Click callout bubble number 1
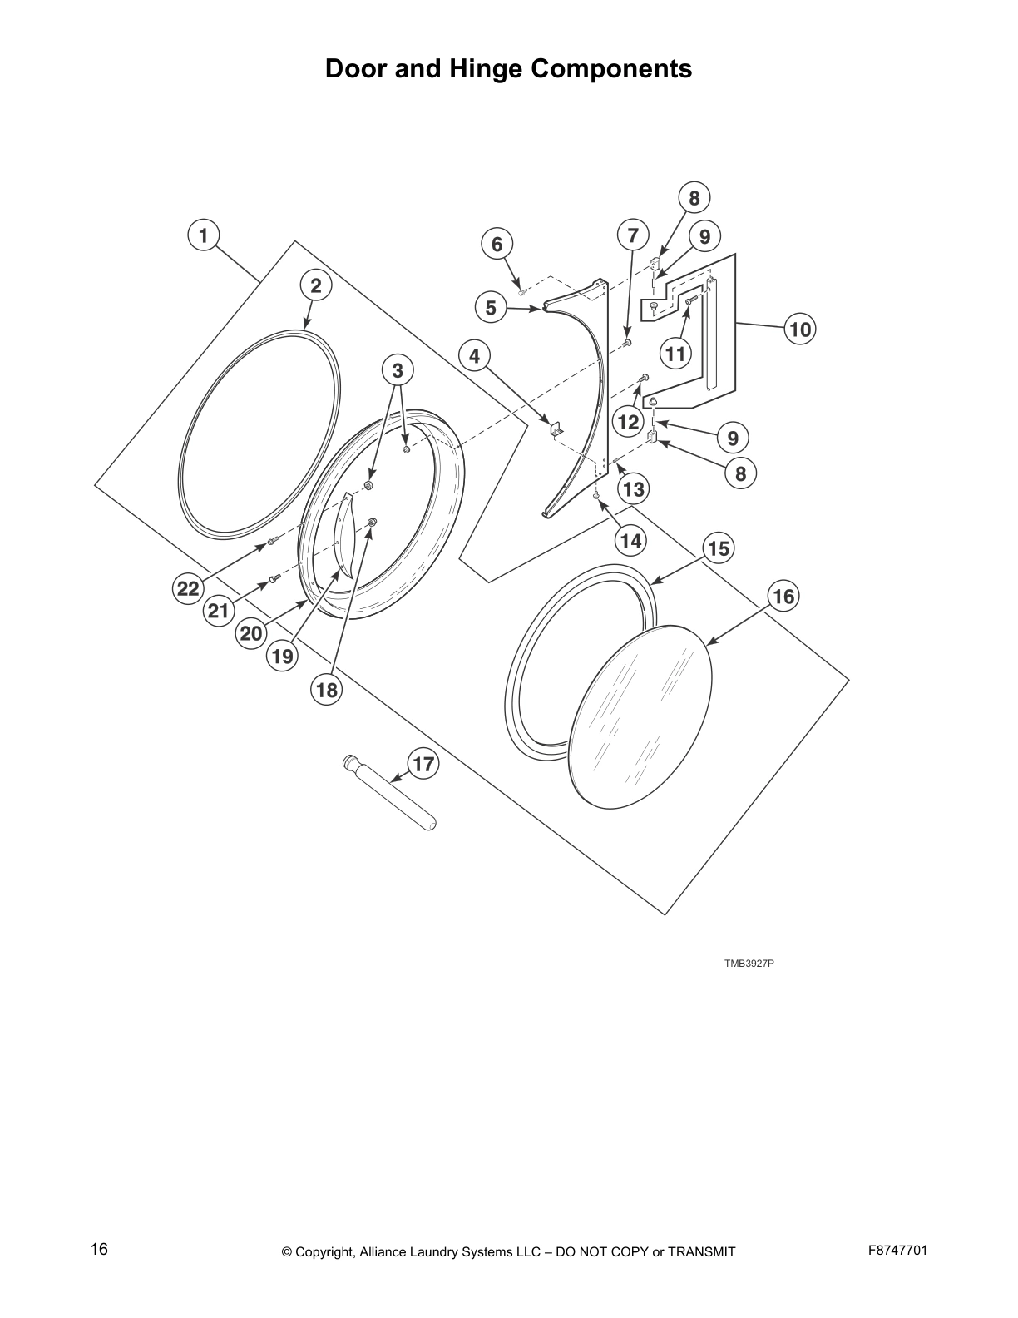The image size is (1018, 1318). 203,235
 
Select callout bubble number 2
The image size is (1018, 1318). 316,286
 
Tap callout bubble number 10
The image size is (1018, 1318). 799,329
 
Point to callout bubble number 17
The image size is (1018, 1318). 423,764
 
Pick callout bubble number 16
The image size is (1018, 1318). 783,596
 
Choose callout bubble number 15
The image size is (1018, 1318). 719,548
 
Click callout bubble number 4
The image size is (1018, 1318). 474,356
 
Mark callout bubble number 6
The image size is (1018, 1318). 497,244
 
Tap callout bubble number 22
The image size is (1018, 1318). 189,589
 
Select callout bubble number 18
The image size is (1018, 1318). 327,690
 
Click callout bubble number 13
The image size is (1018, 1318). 633,488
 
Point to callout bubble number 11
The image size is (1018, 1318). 675,354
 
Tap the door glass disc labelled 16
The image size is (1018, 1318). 643,716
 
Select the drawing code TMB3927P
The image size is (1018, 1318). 749,964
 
